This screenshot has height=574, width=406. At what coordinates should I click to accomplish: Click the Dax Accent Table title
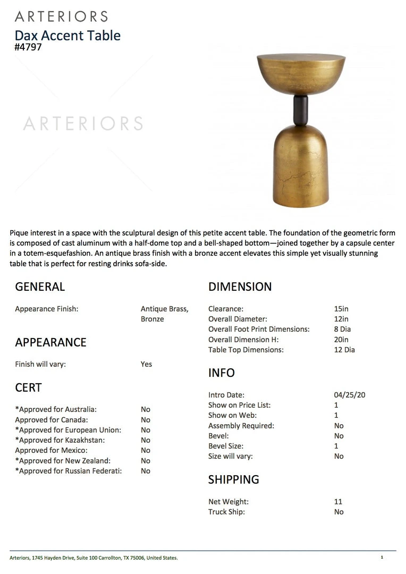pyautogui.click(x=67, y=36)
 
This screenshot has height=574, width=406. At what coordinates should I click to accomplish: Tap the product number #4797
pyautogui.click(x=28, y=47)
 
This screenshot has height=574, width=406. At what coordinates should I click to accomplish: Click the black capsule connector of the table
pyautogui.click(x=301, y=111)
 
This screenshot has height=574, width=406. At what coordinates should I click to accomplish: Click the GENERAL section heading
pyautogui.click(x=40, y=287)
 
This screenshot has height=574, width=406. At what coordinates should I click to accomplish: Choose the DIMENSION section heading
pyautogui.click(x=240, y=287)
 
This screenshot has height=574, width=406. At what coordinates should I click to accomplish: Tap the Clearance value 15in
pyautogui.click(x=341, y=309)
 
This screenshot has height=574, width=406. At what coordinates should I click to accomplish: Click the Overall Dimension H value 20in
pyautogui.click(x=341, y=340)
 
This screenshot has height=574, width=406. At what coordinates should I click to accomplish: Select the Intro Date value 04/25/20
pyautogui.click(x=349, y=395)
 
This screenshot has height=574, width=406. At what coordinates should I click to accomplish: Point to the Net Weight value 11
pyautogui.click(x=339, y=502)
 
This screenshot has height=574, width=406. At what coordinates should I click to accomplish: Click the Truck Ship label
pyautogui.click(x=226, y=512)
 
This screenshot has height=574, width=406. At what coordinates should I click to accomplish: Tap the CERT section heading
pyautogui.click(x=28, y=388)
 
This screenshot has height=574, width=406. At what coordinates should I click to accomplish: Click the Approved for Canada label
pyautogui.click(x=52, y=420)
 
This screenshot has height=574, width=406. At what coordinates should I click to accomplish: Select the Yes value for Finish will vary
pyautogui.click(x=146, y=364)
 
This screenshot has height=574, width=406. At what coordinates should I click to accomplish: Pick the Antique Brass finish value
pyautogui.click(x=164, y=309)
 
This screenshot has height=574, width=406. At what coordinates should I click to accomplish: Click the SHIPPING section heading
pyautogui.click(x=233, y=479)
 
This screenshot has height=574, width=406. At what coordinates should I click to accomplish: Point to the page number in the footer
pyautogui.click(x=382, y=557)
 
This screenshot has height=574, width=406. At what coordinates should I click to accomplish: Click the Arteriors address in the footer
pyautogui.click(x=94, y=558)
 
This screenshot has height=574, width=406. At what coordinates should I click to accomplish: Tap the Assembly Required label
pyautogui.click(x=241, y=426)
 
